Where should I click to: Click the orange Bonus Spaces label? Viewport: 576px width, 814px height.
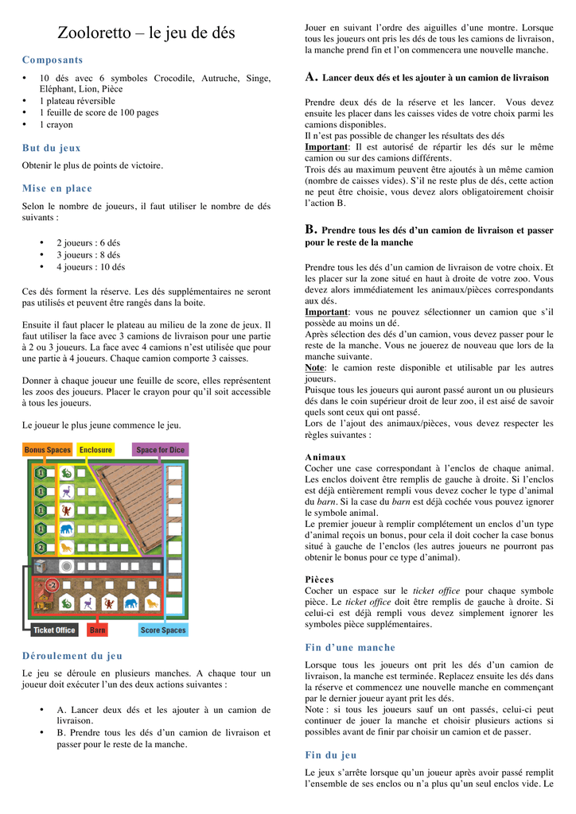click(47, 450)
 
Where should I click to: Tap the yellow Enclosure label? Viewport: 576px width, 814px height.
click(95, 450)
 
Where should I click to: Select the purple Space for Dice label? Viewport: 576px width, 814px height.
click(160, 450)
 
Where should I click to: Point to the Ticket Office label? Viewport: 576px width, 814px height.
click(54, 630)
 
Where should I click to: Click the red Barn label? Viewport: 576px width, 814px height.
click(98, 630)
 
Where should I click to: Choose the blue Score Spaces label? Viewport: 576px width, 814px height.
click(163, 630)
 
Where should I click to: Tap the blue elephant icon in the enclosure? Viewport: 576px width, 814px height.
click(67, 529)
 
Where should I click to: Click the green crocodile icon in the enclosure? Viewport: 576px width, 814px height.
click(67, 473)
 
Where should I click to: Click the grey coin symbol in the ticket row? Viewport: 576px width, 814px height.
click(68, 567)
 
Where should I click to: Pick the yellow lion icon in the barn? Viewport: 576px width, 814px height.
click(150, 603)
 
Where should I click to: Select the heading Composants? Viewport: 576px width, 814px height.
click(53, 60)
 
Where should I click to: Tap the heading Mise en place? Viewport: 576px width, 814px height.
click(57, 188)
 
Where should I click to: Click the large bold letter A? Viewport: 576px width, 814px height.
click(312, 77)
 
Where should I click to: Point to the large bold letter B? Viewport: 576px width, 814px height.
click(311, 229)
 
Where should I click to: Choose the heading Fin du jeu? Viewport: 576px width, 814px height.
click(331, 755)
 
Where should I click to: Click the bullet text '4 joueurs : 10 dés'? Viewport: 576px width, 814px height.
click(91, 267)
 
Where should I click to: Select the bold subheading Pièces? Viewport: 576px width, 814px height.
click(319, 579)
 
